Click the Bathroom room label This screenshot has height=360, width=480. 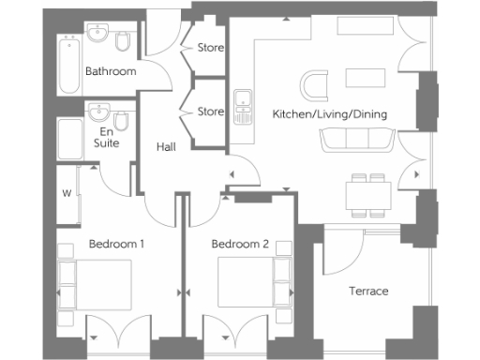(x=111, y=71)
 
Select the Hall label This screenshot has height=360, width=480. (x=166, y=147)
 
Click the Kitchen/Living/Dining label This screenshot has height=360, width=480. (x=329, y=114)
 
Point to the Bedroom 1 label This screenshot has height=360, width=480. (x=116, y=245)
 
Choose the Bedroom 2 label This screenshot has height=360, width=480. (x=240, y=245)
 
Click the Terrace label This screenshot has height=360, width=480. (x=368, y=291)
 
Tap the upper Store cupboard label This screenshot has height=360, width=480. (x=211, y=47)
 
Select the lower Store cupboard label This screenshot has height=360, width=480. (x=211, y=112)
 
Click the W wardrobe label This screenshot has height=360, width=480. (x=67, y=194)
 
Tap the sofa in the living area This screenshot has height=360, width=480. (x=357, y=140)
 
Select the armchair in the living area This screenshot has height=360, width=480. (x=316, y=83)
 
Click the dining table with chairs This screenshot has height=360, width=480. (x=367, y=192)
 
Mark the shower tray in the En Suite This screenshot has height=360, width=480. (x=69, y=139)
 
